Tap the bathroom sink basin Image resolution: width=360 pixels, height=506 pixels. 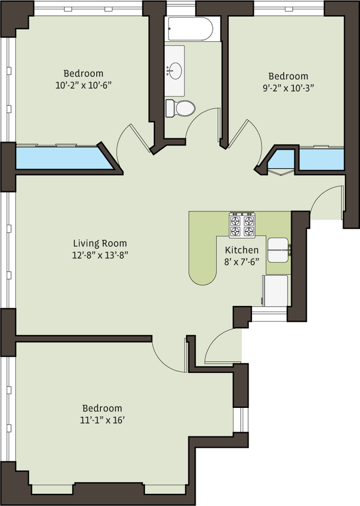pyautogui.click(x=175, y=71)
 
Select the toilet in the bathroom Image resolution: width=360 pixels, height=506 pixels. pyautogui.click(x=180, y=108)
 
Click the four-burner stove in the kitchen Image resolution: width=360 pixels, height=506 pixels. pyautogui.click(x=242, y=225)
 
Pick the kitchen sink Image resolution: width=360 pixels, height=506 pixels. pyautogui.click(x=278, y=250)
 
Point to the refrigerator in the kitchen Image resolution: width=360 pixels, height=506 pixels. pyautogui.click(x=276, y=290)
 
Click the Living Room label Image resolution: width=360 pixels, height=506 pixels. pyautogui.click(x=100, y=243)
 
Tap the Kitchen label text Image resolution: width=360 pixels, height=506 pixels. pyautogui.click(x=242, y=250)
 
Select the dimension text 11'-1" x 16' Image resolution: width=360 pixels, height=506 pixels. pyautogui.click(x=103, y=420)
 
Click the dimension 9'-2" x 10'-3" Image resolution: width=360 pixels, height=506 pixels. pyautogui.click(x=288, y=88)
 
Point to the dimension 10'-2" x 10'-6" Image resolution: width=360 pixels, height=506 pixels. pyautogui.click(x=83, y=85)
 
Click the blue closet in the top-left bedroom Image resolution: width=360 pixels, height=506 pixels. pyautogui.click(x=65, y=158)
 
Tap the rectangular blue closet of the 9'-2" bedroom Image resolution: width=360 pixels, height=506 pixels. pyautogui.click(x=321, y=159)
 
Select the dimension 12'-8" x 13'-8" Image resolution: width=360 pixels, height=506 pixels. pyautogui.click(x=100, y=255)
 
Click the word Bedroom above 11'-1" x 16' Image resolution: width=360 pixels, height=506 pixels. pyautogui.click(x=103, y=408)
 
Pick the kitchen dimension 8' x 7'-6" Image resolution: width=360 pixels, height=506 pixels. pyautogui.click(x=242, y=262)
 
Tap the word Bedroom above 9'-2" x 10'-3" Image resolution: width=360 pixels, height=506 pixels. pyautogui.click(x=288, y=76)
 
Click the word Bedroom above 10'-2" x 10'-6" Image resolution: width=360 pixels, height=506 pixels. pyautogui.click(x=83, y=73)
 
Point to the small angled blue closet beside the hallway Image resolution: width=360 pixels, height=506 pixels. pyautogui.click(x=282, y=160)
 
